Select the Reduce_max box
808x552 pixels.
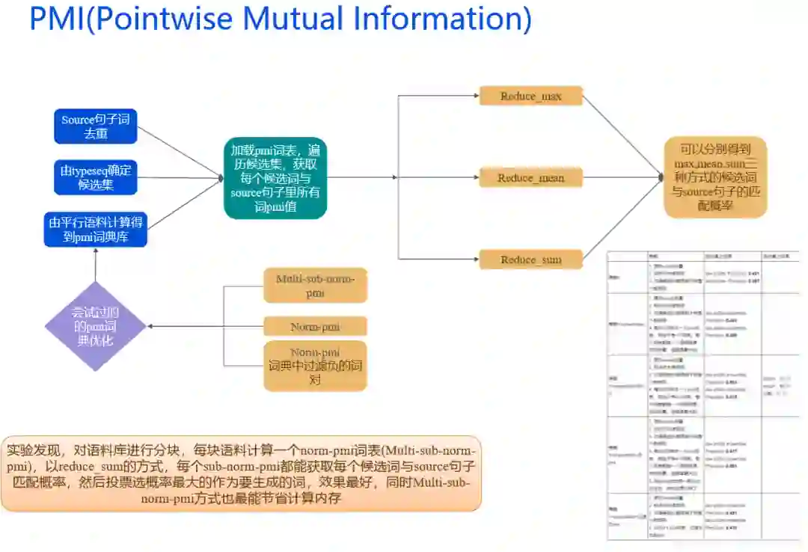coord(530,96)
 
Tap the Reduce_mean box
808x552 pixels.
coord(530,178)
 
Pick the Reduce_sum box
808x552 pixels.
coord(530,260)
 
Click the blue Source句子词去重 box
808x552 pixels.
coord(96,126)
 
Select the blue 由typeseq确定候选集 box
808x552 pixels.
coord(96,178)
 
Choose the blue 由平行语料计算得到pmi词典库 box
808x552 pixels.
coord(96,229)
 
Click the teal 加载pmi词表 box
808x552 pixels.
coord(275,178)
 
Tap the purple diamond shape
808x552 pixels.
coord(95,326)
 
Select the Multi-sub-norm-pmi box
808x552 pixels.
coord(316,285)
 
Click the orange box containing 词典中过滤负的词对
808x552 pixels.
coord(316,366)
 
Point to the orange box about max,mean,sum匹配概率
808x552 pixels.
coord(716,177)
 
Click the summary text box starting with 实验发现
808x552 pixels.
coord(241,473)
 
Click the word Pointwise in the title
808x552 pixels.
coord(160,19)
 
